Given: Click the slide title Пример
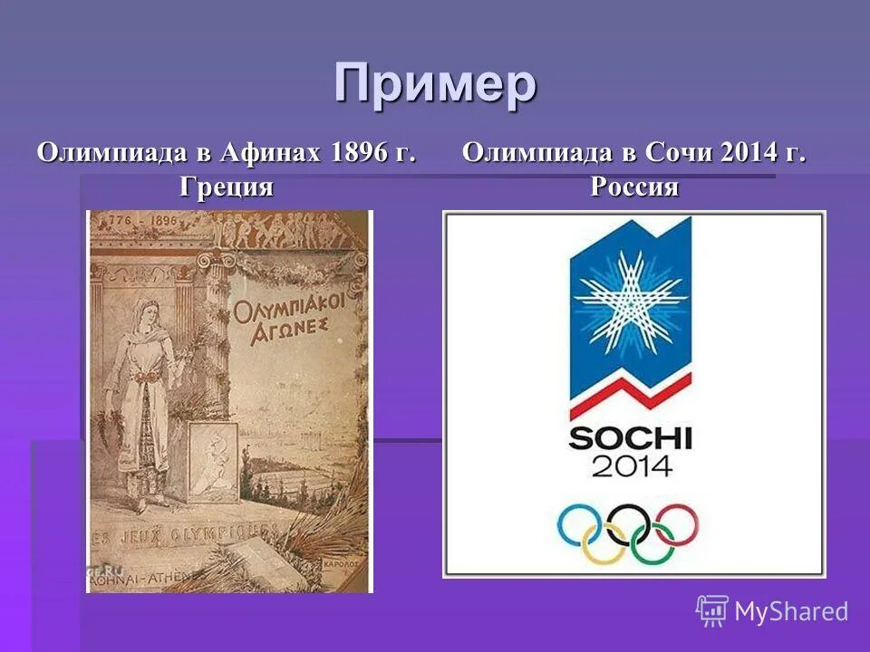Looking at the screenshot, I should tap(435, 85).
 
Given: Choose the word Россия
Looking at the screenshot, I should tap(634, 187).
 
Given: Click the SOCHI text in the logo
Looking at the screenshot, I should tap(630, 439).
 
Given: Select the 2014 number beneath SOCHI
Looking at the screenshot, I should tap(632, 465).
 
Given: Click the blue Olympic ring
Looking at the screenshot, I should tap(580, 523).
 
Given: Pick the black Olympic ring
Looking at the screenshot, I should tap(629, 523).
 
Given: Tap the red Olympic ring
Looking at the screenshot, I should tap(677, 523).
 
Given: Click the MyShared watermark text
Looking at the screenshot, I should tap(790, 611).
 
